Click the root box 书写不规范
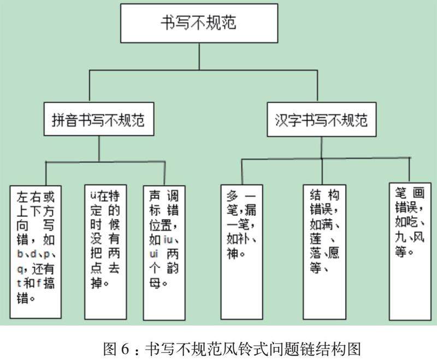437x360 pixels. coord(198,23)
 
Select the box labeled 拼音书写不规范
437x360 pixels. coord(99,119)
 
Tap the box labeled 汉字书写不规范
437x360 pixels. coord(320,119)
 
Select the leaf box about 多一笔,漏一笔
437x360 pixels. coord(241,252)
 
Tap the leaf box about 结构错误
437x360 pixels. coord(324,252)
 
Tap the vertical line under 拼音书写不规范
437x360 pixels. coord(99,148)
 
